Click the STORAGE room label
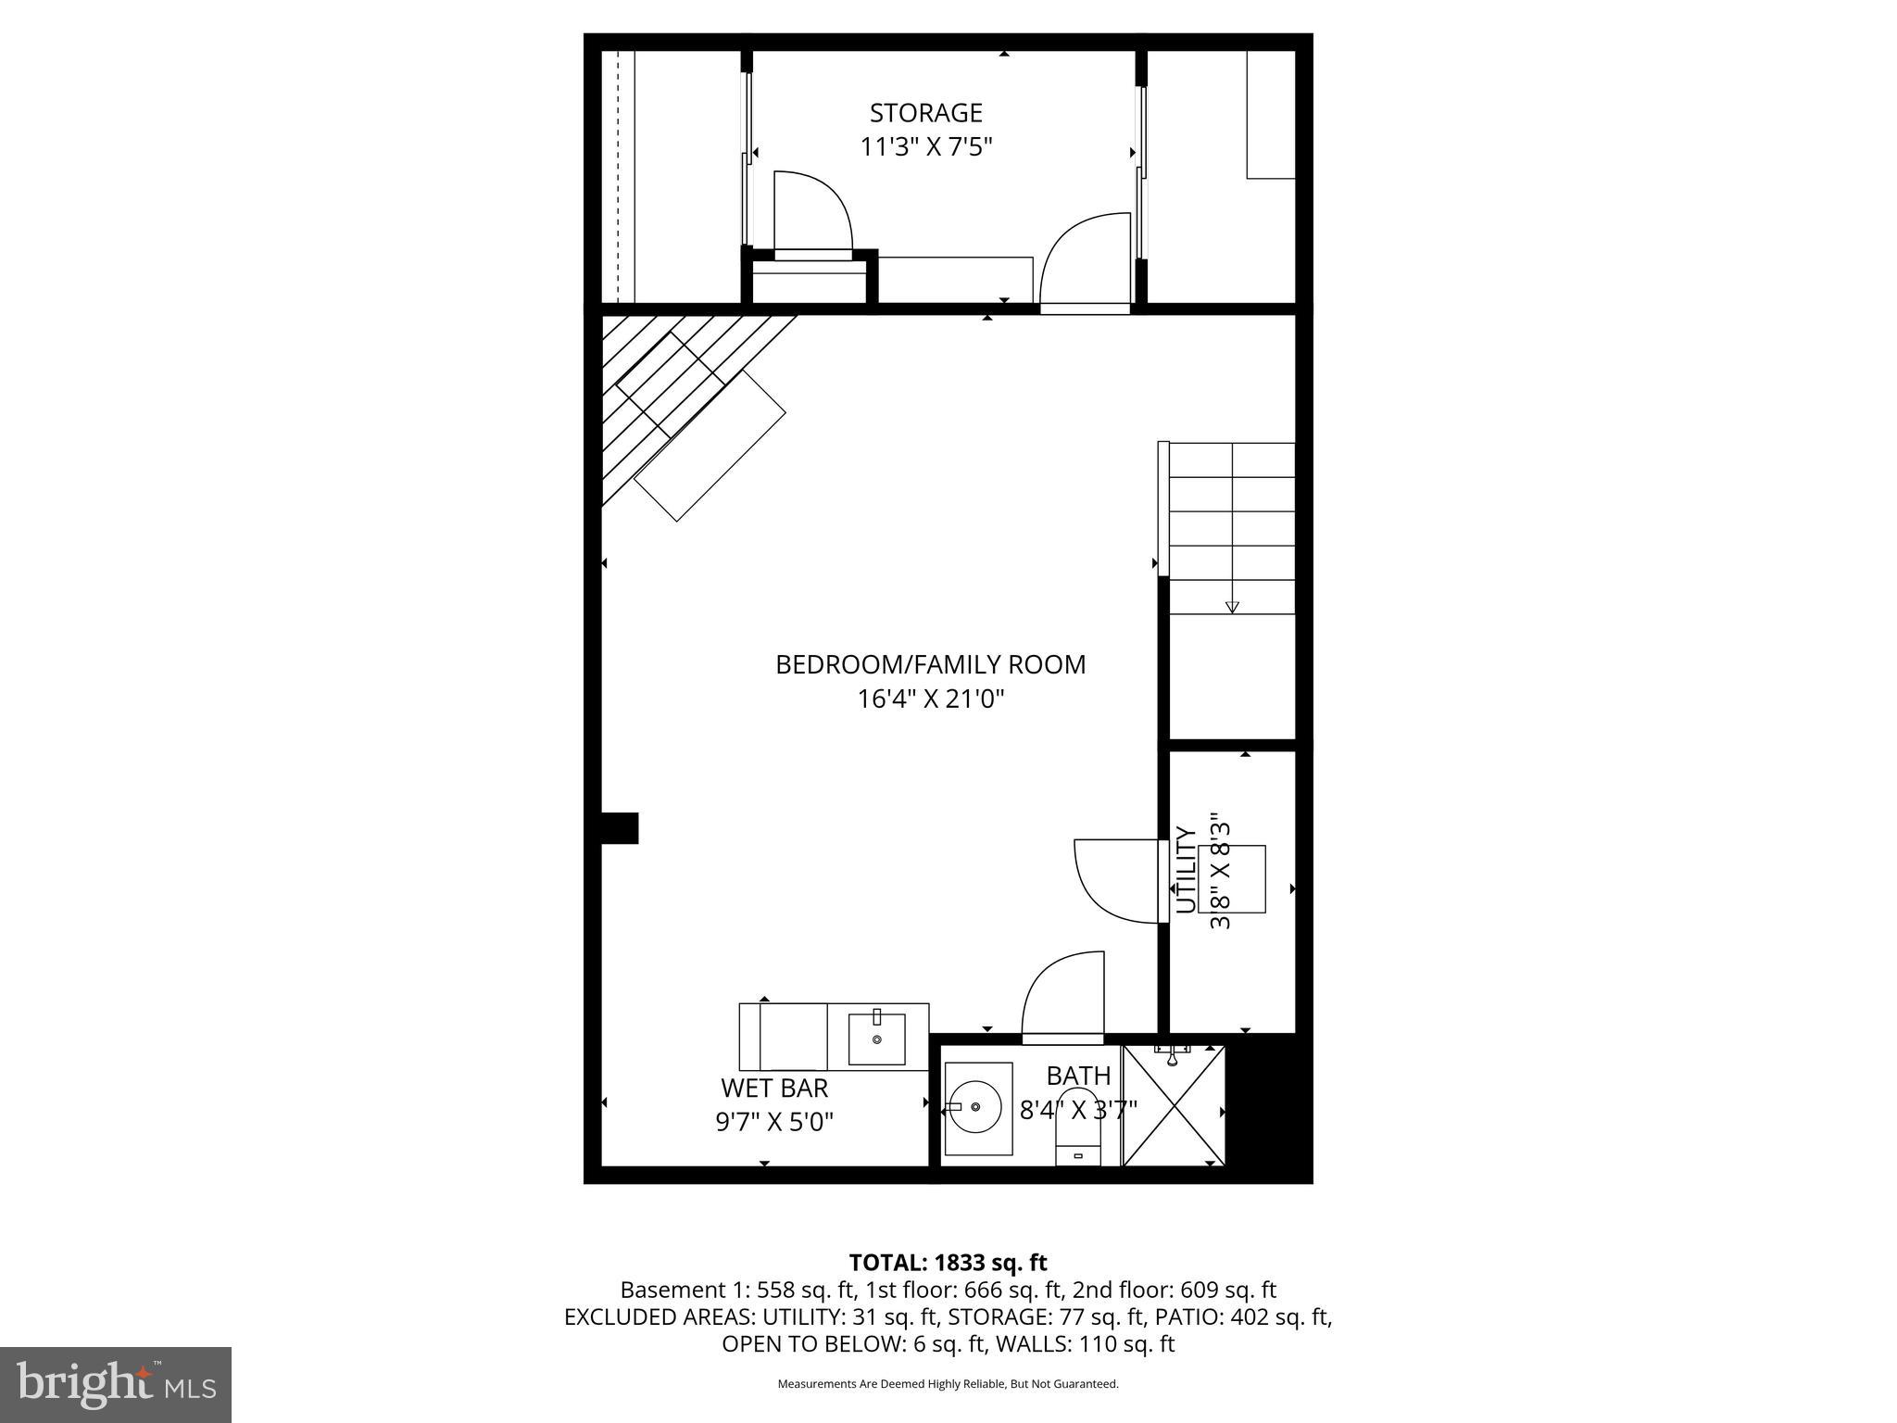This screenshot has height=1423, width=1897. [925, 113]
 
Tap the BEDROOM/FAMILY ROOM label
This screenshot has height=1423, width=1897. [930, 664]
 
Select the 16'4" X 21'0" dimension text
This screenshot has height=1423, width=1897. [930, 699]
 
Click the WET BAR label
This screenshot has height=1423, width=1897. [774, 1087]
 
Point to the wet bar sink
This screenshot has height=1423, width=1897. [876, 1039]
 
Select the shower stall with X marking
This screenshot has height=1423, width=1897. [1174, 1105]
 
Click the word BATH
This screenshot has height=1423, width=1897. [1078, 1076]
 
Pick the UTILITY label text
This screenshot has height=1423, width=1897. [1186, 870]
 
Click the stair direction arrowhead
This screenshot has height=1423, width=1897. [1232, 607]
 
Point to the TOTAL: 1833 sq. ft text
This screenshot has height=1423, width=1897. [948, 1262]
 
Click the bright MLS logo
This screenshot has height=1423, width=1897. [116, 1384]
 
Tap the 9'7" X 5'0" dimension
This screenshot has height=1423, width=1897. [774, 1122]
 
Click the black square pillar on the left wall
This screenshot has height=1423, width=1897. [620, 828]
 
